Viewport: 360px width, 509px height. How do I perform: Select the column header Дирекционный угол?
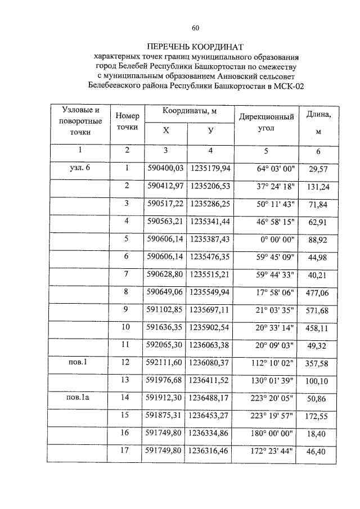point(267,123)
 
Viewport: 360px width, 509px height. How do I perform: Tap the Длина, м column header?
point(318,123)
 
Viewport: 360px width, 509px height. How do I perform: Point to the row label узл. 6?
point(79,168)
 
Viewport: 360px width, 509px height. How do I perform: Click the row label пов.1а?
point(79,397)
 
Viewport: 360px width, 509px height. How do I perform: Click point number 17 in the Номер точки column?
point(127,450)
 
